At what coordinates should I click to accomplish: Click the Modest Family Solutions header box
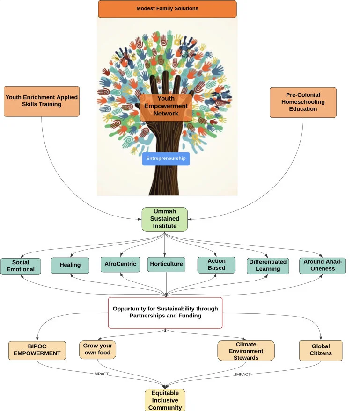(168, 9)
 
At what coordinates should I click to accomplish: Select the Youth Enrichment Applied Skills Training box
(42, 101)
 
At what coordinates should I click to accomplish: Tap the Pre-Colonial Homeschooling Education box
(303, 102)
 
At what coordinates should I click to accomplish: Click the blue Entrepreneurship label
(166, 159)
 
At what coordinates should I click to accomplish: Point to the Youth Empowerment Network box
(166, 108)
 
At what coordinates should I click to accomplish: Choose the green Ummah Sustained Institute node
(164, 219)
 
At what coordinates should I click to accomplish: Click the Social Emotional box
(21, 267)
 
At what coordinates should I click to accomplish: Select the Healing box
(70, 265)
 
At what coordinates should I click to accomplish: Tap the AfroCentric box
(120, 264)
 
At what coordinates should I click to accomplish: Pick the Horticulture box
(166, 264)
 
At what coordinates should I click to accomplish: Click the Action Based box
(216, 265)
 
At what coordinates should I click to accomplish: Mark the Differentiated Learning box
(268, 266)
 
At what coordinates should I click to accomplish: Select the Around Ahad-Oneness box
(323, 266)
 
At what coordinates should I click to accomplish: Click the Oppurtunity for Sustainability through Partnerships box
(165, 313)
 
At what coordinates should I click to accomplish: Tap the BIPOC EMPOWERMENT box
(37, 350)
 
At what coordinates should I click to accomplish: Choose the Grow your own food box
(98, 349)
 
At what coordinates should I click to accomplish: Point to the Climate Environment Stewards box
(246, 351)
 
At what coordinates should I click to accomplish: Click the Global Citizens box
(321, 350)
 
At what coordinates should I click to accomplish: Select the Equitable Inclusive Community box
(165, 400)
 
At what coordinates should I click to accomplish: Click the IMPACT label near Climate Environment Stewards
(242, 375)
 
